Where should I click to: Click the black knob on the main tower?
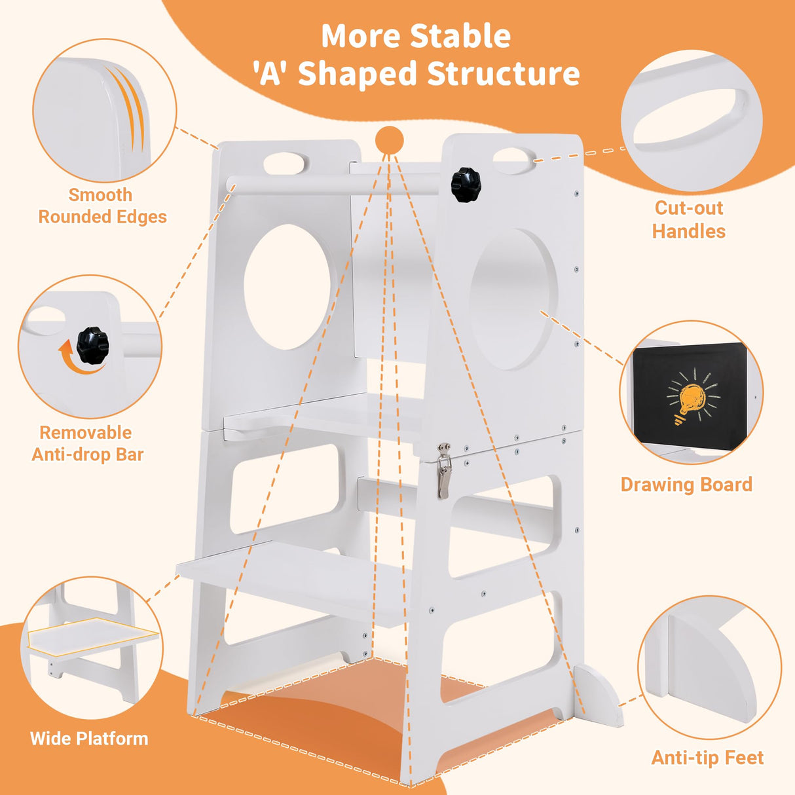click(466, 185)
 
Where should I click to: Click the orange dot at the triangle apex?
click(390, 141)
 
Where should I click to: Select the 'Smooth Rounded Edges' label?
click(102, 206)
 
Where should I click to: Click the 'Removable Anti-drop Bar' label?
click(87, 443)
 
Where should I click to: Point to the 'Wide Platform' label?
click(89, 739)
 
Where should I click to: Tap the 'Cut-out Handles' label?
click(689, 219)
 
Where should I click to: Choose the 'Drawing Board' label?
click(686, 485)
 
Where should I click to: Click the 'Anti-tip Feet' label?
click(707, 758)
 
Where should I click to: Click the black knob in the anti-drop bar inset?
click(92, 346)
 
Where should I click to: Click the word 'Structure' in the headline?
click(504, 73)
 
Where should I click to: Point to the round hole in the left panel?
click(287, 287)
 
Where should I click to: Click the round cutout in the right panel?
click(514, 299)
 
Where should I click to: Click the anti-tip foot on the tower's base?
click(599, 694)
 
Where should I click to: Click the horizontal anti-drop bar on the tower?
click(331, 185)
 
